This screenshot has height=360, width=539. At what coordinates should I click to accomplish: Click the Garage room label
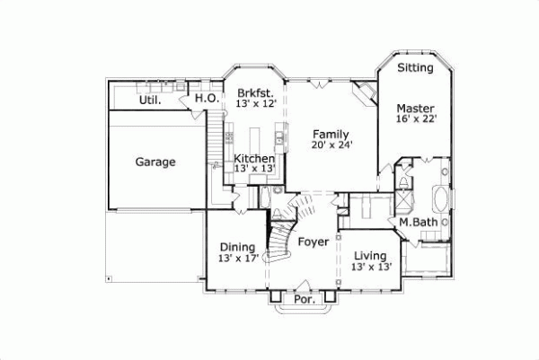click(x=155, y=162)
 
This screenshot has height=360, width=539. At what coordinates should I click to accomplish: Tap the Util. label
click(x=150, y=101)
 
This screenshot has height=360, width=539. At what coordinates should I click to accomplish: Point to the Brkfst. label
click(x=254, y=92)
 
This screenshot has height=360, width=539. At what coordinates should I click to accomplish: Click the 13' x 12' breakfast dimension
click(x=254, y=104)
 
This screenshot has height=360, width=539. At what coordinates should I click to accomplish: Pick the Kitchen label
click(x=254, y=158)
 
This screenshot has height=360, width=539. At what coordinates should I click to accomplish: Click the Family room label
click(x=330, y=133)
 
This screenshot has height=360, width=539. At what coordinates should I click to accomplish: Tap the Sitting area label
click(x=415, y=67)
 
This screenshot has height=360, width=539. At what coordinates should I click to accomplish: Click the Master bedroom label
click(x=415, y=109)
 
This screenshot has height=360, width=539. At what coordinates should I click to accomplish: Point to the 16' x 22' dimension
click(x=415, y=119)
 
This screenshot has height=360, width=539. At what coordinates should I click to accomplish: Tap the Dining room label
click(x=237, y=247)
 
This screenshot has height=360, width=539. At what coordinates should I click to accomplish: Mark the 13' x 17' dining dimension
click(x=237, y=259)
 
